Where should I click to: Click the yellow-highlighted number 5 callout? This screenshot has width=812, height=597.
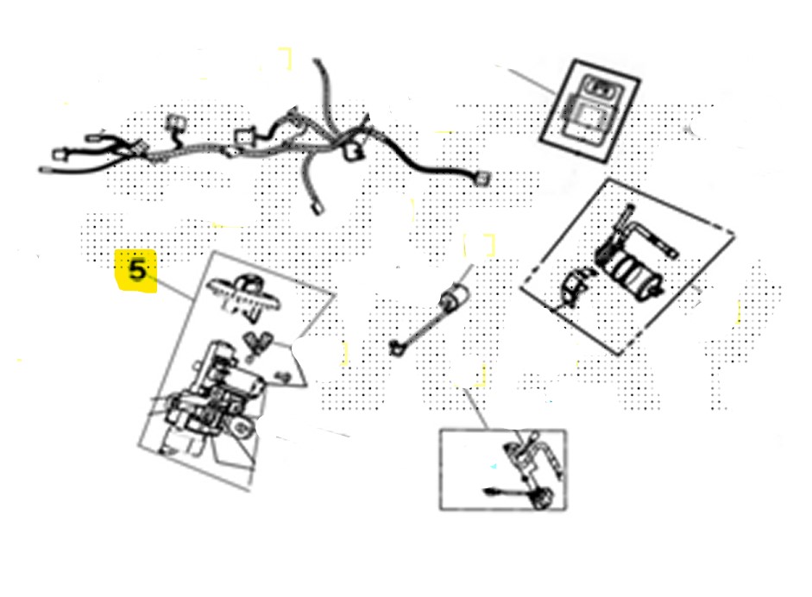[135, 271]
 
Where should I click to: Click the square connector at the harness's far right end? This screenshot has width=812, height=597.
[482, 179]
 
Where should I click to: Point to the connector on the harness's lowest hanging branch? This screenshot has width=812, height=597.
[317, 208]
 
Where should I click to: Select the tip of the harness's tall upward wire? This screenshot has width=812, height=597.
[317, 61]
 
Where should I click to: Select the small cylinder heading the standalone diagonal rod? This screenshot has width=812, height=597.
[454, 298]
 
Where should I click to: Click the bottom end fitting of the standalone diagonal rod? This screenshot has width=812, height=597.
[396, 349]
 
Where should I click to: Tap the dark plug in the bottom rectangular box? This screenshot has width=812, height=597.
[544, 500]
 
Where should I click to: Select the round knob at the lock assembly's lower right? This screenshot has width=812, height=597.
[242, 427]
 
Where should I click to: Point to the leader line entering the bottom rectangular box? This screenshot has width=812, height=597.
[476, 409]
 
